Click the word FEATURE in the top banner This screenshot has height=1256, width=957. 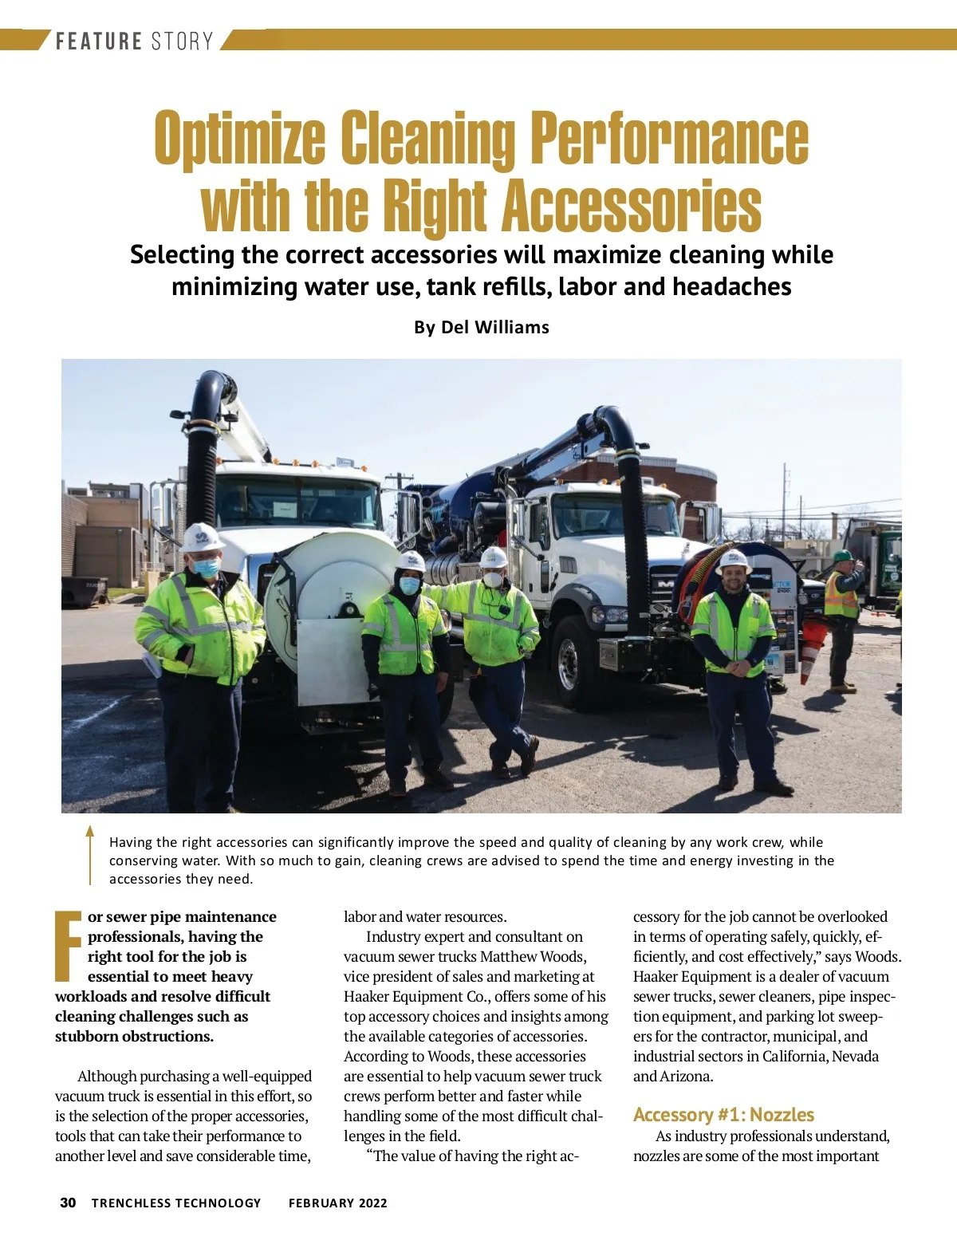[x=98, y=41]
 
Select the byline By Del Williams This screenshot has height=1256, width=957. [x=481, y=327]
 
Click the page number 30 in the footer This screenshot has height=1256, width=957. [x=68, y=1203]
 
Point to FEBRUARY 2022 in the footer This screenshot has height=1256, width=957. [x=337, y=1203]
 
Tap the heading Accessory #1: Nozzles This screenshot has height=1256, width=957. [x=723, y=1114]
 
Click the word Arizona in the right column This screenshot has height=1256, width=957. [x=686, y=1076]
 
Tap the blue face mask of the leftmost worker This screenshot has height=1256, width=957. [x=206, y=567]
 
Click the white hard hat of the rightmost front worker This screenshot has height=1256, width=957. [x=733, y=560]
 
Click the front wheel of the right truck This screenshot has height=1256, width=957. [x=570, y=662]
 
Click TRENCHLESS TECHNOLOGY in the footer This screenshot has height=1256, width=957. [x=176, y=1203]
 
